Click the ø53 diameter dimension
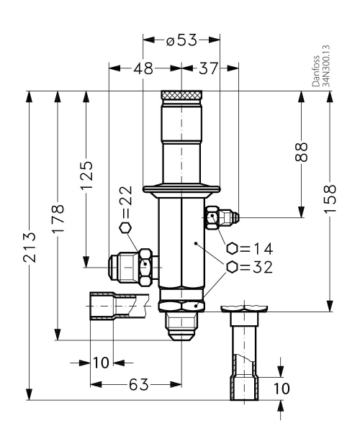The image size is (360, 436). click(x=181, y=41)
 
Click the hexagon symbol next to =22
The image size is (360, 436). click(x=125, y=228)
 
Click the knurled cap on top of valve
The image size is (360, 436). click(x=181, y=95)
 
